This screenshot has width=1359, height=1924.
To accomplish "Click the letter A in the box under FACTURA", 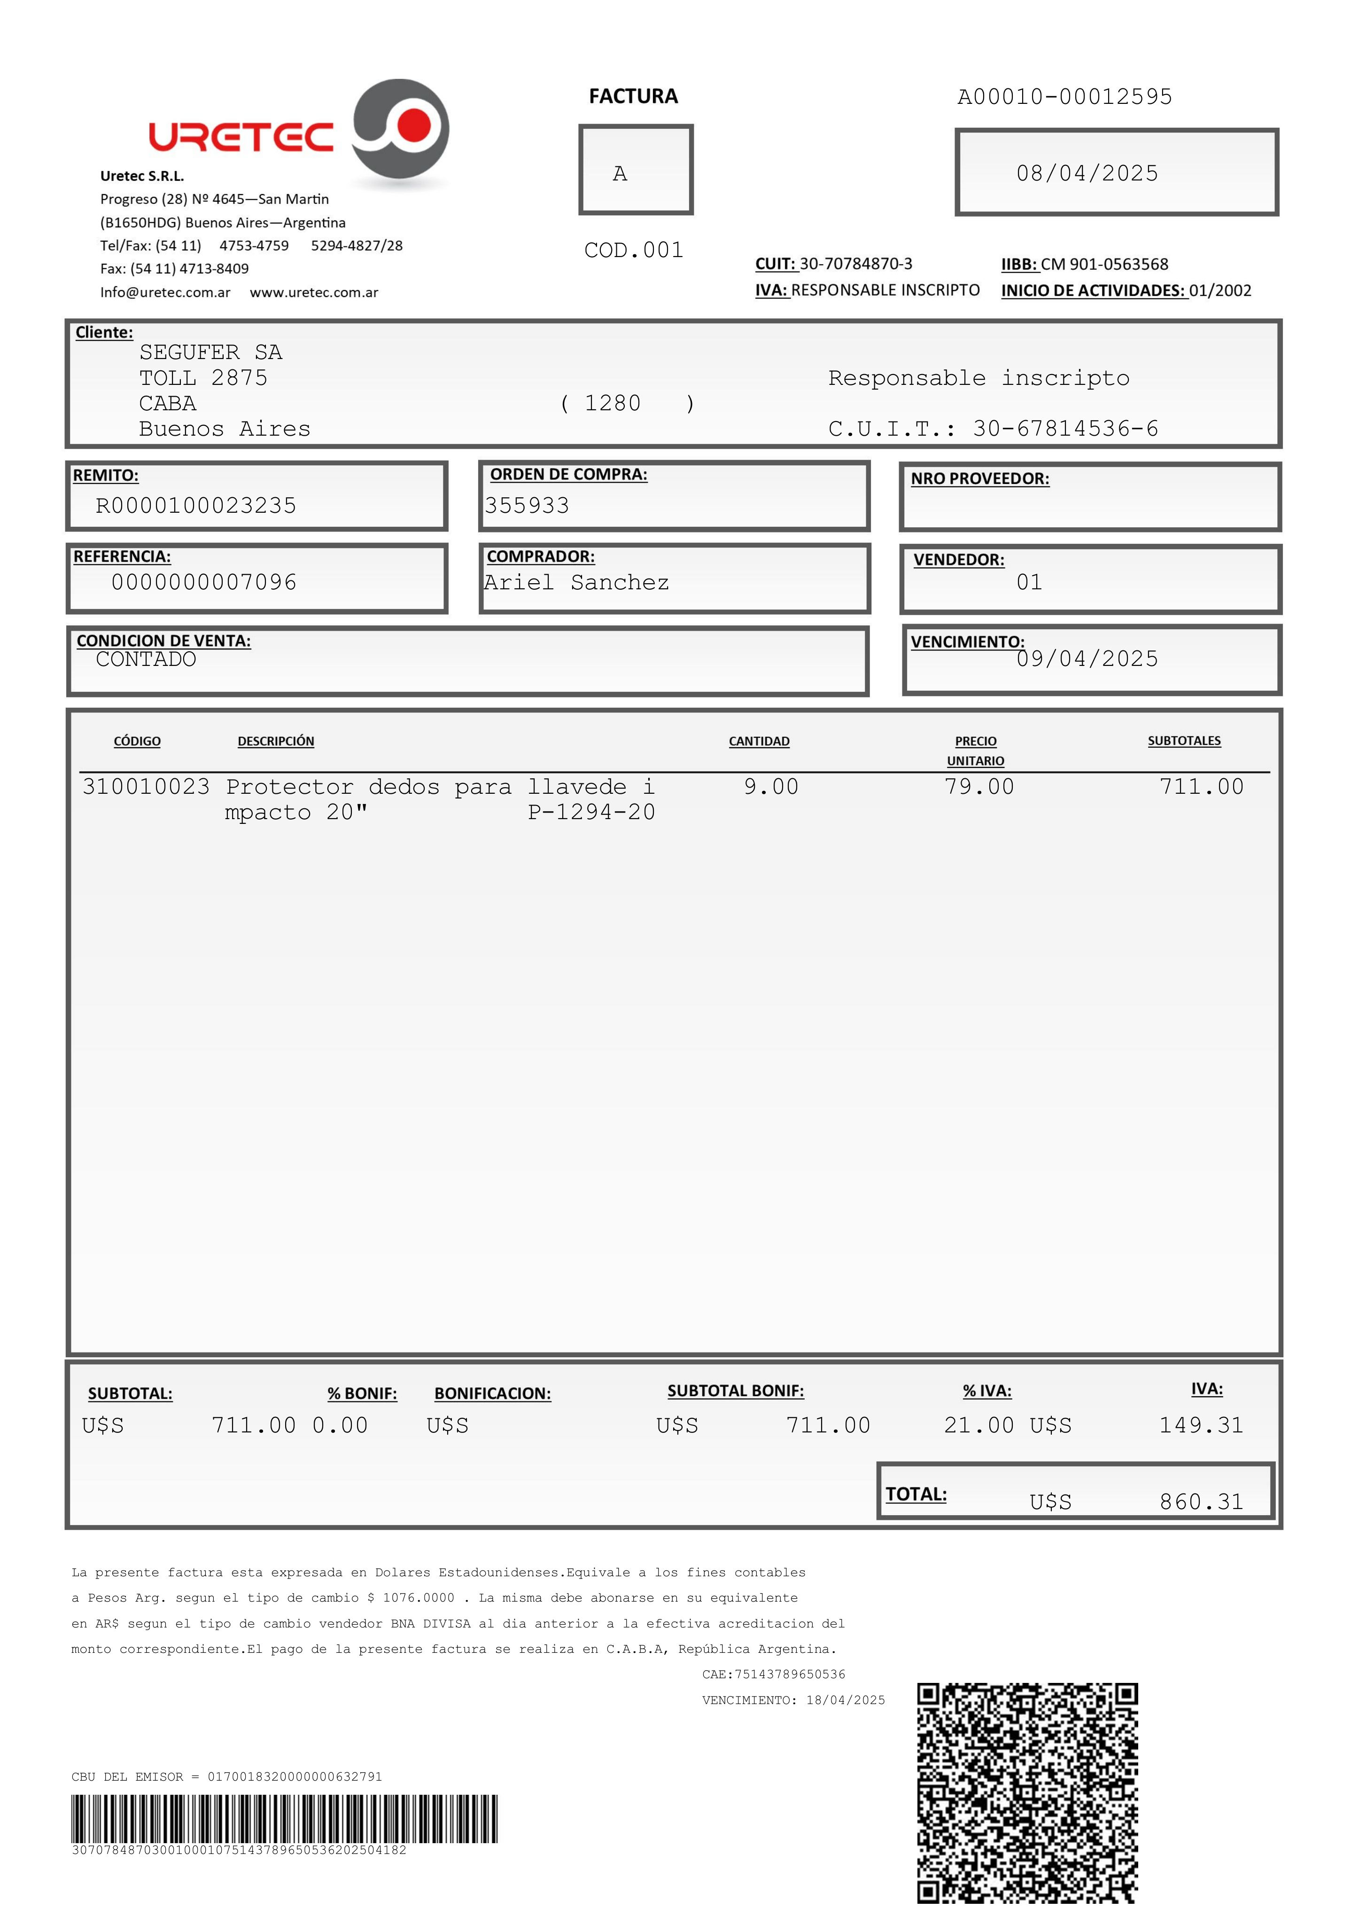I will [620, 173].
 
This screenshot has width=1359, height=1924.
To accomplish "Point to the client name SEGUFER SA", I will [211, 352].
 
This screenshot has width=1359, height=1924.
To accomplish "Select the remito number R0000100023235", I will [196, 505].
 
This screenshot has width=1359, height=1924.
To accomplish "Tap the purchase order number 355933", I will [527, 505].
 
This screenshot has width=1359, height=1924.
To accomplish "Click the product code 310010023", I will [146, 787].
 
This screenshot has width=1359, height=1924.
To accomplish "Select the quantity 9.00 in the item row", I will [771, 787].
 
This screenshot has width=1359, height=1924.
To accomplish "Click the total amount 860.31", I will [1201, 1502].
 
